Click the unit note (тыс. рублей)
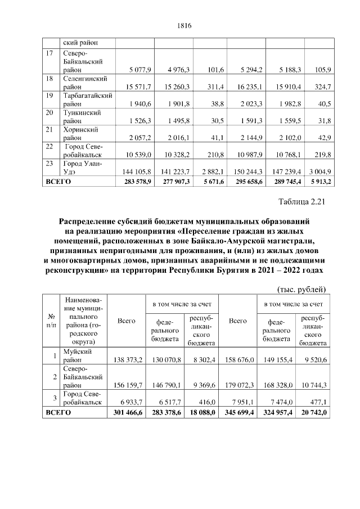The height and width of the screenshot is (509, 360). [x=302, y=289]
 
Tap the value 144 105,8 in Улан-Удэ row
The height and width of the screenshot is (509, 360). [x=135, y=171]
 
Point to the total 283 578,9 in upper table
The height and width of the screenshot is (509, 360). [x=135, y=182]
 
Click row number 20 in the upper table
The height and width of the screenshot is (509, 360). [x=50, y=112]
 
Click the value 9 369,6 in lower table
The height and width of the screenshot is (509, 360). [x=197, y=386]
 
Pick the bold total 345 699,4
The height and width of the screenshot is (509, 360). [x=239, y=412]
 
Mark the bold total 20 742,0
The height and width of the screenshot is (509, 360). [x=314, y=412]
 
